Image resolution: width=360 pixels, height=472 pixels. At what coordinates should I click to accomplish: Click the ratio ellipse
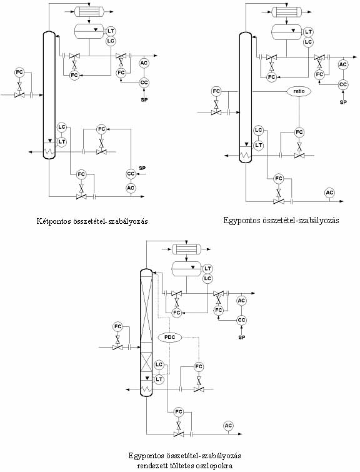click(299, 91)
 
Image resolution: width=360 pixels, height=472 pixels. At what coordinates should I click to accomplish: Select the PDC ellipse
click(171, 338)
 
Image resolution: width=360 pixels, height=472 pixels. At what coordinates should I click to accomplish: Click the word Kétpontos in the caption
click(51, 221)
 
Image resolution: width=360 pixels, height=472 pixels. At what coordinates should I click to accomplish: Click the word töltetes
click(182, 466)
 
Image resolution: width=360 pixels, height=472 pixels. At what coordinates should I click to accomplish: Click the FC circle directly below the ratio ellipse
click(299, 132)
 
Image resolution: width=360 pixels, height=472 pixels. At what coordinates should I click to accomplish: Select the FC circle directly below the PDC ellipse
click(199, 366)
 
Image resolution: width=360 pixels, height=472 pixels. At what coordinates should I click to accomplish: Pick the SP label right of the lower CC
click(142, 168)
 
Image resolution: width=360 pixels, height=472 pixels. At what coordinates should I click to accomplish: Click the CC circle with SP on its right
click(131, 174)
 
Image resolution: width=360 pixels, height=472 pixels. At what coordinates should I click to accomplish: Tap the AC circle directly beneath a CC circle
click(131, 188)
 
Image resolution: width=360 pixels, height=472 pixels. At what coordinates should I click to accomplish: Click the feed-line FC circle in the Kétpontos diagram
click(19, 73)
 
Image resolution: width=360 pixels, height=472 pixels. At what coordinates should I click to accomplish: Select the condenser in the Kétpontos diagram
click(89, 12)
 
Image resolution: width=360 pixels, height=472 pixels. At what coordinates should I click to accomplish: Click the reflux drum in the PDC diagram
click(187, 269)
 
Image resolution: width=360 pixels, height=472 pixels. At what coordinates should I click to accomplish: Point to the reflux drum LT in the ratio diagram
click(308, 32)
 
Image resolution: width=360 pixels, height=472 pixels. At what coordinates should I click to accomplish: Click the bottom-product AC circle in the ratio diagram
click(329, 193)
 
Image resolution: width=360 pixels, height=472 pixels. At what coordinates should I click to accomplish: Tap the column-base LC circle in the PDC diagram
click(159, 365)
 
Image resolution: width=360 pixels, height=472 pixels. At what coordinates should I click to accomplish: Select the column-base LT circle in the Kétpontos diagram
click(62, 141)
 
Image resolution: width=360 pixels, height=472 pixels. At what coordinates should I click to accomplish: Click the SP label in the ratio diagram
click(343, 102)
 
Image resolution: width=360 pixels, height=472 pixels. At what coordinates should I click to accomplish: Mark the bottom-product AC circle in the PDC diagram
click(229, 426)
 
